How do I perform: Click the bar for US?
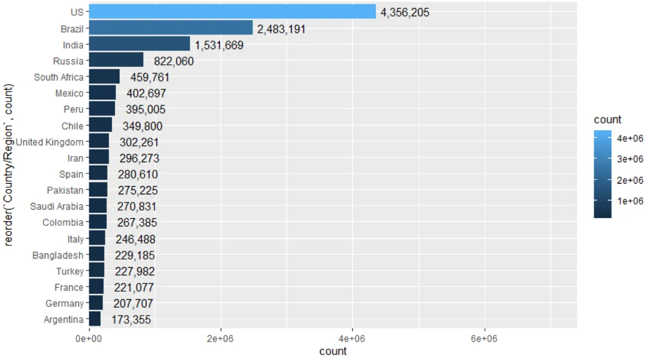232,12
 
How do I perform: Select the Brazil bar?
171,29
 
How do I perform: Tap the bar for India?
139,45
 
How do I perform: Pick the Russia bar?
116,61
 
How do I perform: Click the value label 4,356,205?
405,13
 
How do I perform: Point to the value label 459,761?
150,78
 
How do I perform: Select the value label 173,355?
131,320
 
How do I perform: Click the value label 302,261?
139,142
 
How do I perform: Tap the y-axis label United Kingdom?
49,142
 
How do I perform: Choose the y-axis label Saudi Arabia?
57,207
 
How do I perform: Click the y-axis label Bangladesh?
58,255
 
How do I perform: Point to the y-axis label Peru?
73,110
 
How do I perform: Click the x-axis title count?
332,351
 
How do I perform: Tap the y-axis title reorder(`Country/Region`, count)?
8,165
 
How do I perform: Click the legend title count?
608,120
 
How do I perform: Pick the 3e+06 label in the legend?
631,159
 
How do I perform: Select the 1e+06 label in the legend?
631,201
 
